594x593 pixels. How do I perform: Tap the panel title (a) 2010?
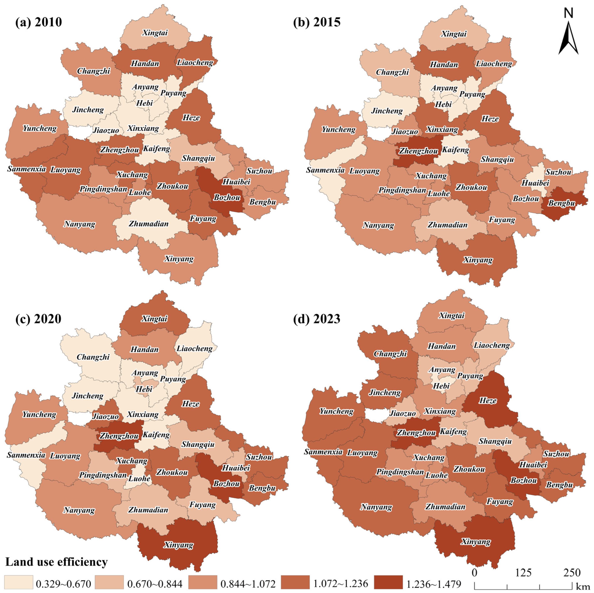point(39,22)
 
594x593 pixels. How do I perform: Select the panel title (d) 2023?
point(317,319)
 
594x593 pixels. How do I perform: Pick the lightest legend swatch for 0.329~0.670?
point(18,582)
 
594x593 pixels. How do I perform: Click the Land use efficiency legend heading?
point(57,562)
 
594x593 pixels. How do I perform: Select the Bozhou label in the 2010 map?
point(227,197)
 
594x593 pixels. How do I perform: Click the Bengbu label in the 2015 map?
point(561,203)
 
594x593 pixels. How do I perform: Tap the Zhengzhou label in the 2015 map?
point(418,151)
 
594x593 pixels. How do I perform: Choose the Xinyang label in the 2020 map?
point(179,545)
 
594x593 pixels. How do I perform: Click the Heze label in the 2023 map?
point(488,401)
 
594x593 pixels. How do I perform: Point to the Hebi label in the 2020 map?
point(144,389)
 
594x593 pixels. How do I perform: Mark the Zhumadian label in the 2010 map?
point(149,224)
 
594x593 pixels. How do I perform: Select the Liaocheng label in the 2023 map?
point(492,345)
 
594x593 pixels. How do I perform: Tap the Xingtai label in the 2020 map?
point(154,319)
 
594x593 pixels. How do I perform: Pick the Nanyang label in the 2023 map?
point(376,507)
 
